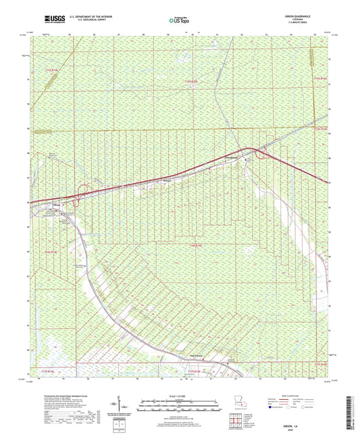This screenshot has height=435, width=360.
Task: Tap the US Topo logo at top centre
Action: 179,21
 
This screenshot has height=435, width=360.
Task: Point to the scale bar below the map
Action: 180,405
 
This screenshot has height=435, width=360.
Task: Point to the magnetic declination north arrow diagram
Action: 128,408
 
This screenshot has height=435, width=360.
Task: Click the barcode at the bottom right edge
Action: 353,405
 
